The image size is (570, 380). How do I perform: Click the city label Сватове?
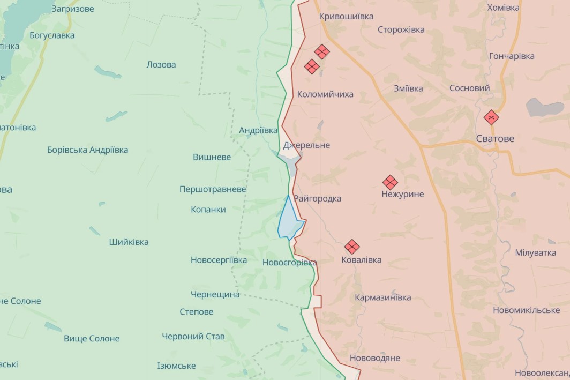pos(495,139)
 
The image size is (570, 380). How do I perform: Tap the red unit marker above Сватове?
pos(491,117)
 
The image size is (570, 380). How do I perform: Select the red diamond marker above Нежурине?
pos(390,182)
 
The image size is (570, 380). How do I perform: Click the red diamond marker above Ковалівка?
pos(352,247)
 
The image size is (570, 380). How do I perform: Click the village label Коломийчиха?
pos(325,94)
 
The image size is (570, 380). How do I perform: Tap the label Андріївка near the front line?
pos(258,130)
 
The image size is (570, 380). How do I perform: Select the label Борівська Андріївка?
pos(88,150)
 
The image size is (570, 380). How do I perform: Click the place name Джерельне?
pos(306,145)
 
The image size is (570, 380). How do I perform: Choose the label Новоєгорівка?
pos(289,263)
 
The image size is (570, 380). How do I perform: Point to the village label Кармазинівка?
pos(383,297)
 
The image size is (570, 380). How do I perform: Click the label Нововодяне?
pos(374,358)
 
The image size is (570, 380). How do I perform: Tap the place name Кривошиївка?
pos(346,17)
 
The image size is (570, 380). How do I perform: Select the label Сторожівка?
pos(401,30)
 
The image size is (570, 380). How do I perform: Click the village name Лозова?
pos(161,65)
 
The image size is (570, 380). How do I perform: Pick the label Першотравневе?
pos(213,189)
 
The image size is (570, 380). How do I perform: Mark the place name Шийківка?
pos(129,242)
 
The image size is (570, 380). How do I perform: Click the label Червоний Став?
pos(193,337)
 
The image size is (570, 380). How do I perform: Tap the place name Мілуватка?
pos(535,252)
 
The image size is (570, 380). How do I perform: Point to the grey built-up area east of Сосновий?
pos(544,107)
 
